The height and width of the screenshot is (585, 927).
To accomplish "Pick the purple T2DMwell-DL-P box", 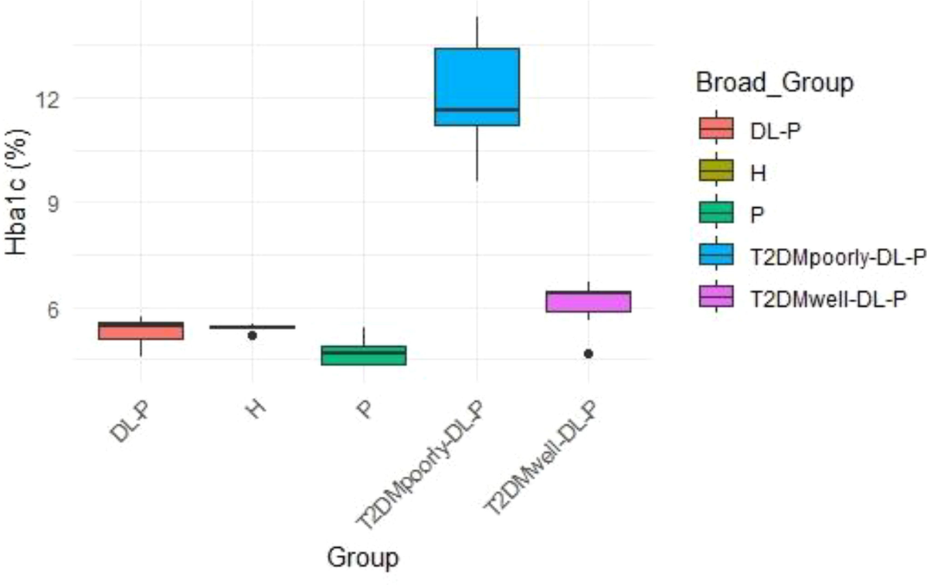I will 588,301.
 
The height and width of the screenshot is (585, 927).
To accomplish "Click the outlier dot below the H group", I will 252,335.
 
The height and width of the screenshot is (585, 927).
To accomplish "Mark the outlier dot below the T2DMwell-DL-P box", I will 588,353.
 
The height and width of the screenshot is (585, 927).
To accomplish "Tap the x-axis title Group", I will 362,557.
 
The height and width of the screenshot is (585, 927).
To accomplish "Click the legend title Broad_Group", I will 773,83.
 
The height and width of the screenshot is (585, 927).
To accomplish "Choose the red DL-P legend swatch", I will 716,128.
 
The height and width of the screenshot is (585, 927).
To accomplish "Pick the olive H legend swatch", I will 716,170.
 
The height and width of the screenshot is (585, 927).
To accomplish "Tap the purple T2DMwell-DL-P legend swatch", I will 716,297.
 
